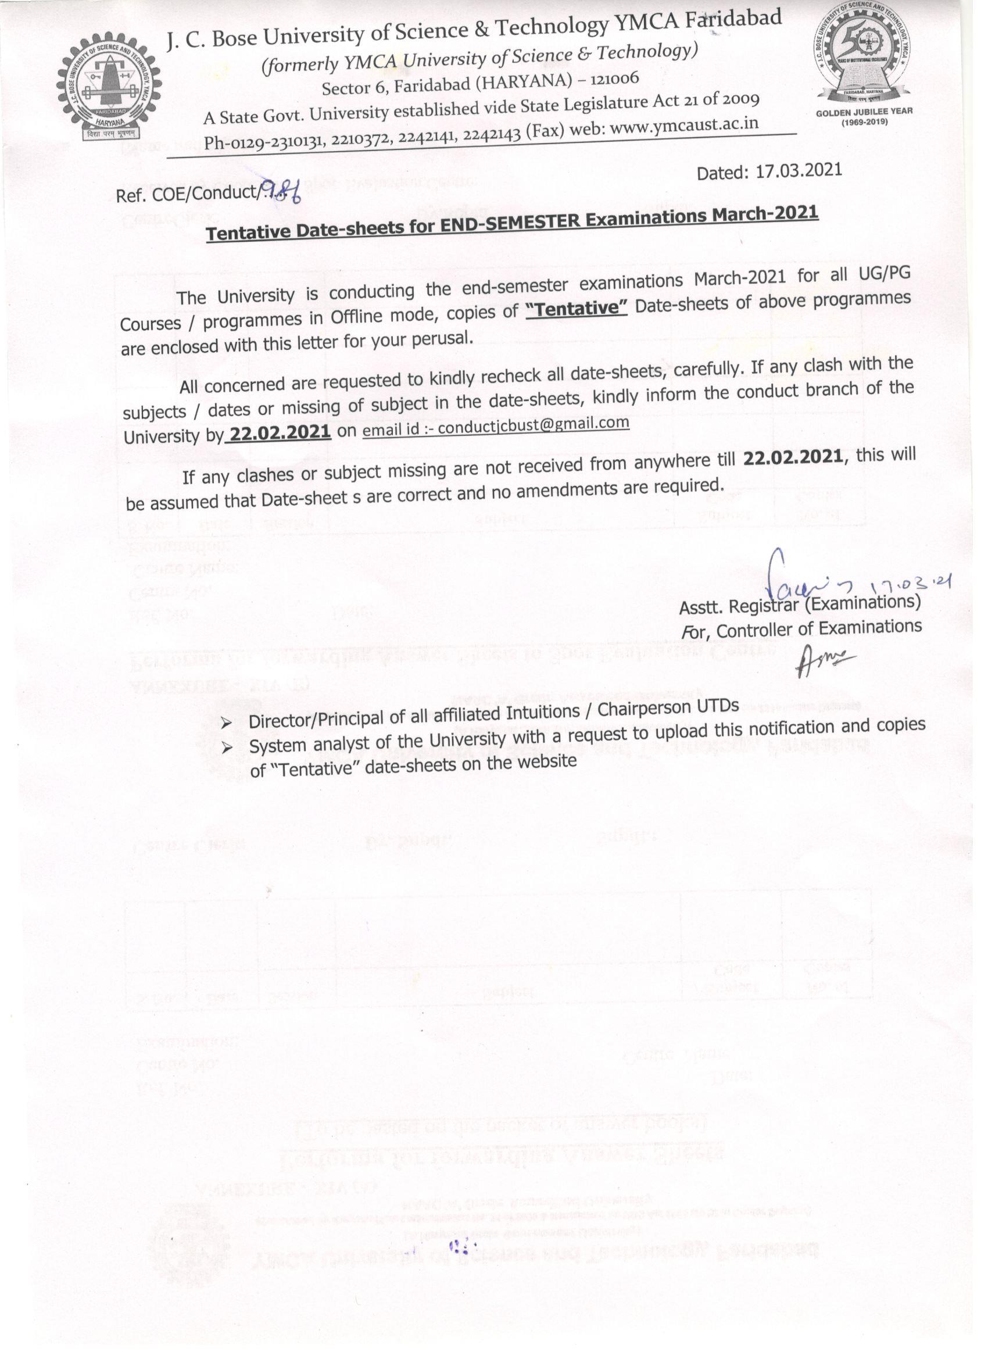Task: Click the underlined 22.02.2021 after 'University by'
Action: tap(280, 432)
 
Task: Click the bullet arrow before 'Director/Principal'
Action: tap(227, 724)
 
